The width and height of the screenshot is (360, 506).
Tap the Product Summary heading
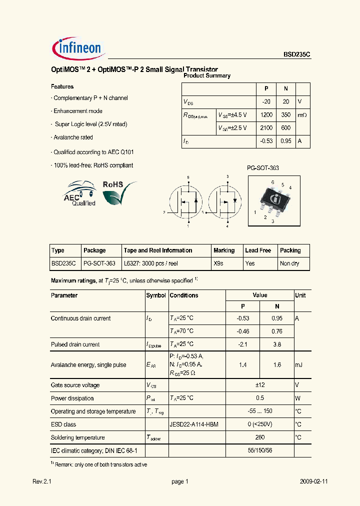point(207,76)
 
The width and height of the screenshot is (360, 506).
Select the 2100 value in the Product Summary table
point(266,128)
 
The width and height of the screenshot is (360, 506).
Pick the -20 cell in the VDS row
point(266,101)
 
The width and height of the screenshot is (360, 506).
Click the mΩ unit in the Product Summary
point(302,115)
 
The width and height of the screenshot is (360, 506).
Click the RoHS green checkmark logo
point(119,192)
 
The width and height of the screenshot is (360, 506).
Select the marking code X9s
point(218,263)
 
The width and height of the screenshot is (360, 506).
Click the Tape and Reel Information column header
point(158,250)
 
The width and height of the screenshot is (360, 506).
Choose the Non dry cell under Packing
point(289,263)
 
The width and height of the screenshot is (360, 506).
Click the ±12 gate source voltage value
point(259,385)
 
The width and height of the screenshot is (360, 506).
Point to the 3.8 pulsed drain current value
point(277,344)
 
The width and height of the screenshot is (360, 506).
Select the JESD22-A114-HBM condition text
point(194,424)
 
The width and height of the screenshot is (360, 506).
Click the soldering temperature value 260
point(259,437)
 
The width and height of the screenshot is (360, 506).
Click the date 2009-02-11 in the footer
point(313,481)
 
